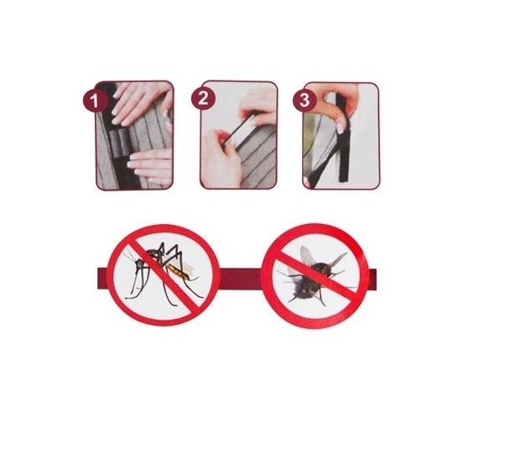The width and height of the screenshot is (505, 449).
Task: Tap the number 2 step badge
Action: [x=203, y=98]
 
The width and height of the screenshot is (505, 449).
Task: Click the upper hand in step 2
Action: [x=257, y=104]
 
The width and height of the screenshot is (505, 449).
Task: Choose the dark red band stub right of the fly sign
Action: [x=375, y=275]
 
